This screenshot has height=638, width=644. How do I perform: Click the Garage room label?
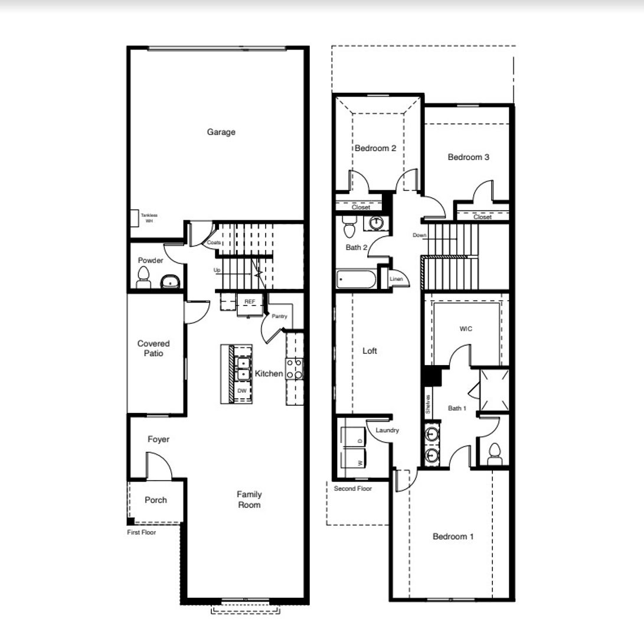coord(221,132)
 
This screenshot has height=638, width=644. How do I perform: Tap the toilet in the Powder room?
coord(143,278)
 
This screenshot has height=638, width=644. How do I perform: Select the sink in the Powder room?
coord(169,282)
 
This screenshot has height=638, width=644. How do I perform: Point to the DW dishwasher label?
coord(242,390)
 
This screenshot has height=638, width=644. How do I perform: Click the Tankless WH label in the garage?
coord(149,218)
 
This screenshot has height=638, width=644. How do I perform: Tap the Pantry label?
coord(279,316)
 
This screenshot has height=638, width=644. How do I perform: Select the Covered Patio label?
coord(153,348)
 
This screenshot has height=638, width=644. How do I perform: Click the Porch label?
coord(156,500)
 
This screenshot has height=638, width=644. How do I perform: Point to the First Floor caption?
coord(141,532)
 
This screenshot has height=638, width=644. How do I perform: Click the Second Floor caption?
coord(353,489)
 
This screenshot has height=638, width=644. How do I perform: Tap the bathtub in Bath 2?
coord(356,279)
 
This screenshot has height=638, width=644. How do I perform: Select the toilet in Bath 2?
coord(349,226)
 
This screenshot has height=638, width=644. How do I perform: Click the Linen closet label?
coord(396,279)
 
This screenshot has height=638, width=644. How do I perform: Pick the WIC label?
coord(466,328)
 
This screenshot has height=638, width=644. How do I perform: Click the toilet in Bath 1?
coord(495,454)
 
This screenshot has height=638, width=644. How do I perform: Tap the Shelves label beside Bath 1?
coord(428,404)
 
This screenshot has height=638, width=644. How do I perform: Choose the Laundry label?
coord(387,430)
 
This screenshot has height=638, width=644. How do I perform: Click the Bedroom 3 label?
coord(469,157)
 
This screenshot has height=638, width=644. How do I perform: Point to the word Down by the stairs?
coord(419,235)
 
